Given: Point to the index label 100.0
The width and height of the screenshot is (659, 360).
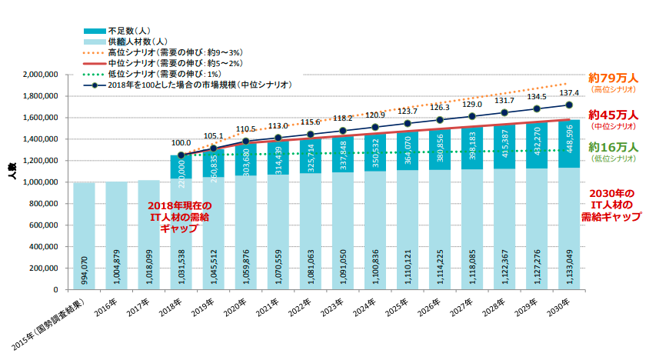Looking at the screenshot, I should [181, 142].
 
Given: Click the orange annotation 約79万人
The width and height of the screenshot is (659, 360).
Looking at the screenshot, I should [613, 78].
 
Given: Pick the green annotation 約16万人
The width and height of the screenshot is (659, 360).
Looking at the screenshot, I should [613, 147].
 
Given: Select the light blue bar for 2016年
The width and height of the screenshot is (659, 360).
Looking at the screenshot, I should [116, 235].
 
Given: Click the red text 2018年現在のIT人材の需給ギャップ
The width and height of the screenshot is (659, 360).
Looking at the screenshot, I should [181, 218].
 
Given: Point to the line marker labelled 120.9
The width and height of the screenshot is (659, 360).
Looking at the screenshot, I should [375, 128].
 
